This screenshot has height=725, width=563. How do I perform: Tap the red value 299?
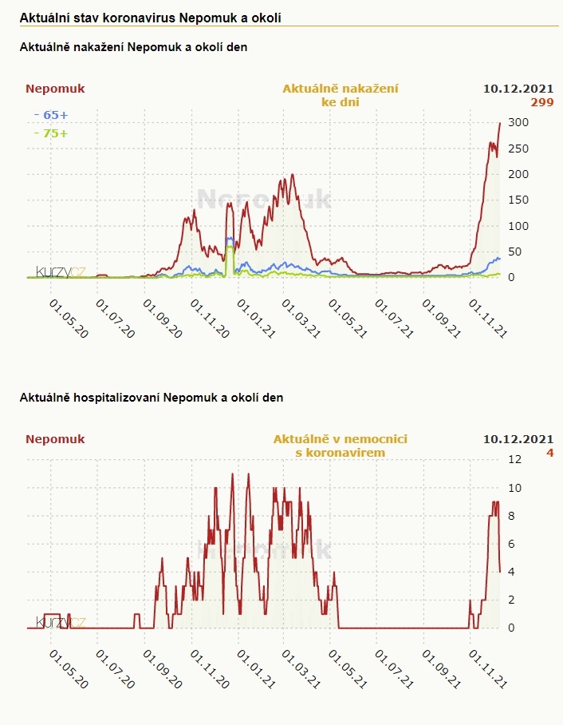coord(542,102)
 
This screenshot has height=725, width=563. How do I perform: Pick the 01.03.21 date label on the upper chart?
coord(301,319)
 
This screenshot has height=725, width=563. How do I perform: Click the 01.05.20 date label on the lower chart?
coord(69,668)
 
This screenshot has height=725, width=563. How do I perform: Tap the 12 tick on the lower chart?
coord(515,459)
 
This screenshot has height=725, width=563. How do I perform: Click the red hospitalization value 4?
coord(549,453)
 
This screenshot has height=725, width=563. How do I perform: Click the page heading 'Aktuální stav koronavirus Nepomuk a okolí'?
coord(150,17)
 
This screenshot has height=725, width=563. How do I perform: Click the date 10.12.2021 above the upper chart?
coord(518,89)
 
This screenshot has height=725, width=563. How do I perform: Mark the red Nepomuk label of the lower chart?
coord(55,439)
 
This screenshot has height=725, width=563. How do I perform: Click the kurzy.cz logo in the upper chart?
coord(61,271)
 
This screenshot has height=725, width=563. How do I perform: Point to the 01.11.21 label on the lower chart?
coord(488,668)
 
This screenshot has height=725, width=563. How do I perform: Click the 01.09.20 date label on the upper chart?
coord(162,319)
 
